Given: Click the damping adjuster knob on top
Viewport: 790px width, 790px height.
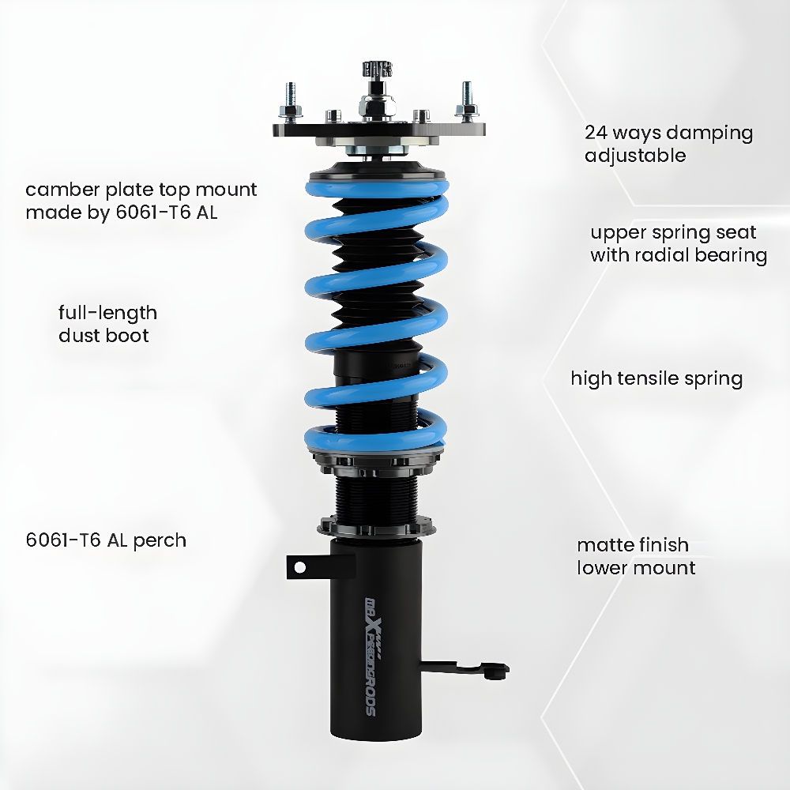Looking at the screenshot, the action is pyautogui.click(x=378, y=70).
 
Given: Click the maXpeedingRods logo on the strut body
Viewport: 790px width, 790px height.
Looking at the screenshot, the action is pyautogui.click(x=371, y=656).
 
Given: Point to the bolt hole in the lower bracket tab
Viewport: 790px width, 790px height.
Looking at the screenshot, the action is pyautogui.click(x=299, y=568).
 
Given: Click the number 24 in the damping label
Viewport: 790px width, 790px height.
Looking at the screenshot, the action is pyautogui.click(x=596, y=133).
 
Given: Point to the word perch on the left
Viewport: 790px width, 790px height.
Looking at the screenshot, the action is pyautogui.click(x=160, y=540).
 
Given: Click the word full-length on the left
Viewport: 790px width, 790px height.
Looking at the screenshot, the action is pyautogui.click(x=107, y=314).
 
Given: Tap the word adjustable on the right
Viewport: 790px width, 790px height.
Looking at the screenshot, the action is pyautogui.click(x=635, y=155).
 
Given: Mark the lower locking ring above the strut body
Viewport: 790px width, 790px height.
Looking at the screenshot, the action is pyautogui.click(x=376, y=526).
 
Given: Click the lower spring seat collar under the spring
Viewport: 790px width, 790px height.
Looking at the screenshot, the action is pyautogui.click(x=376, y=461).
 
